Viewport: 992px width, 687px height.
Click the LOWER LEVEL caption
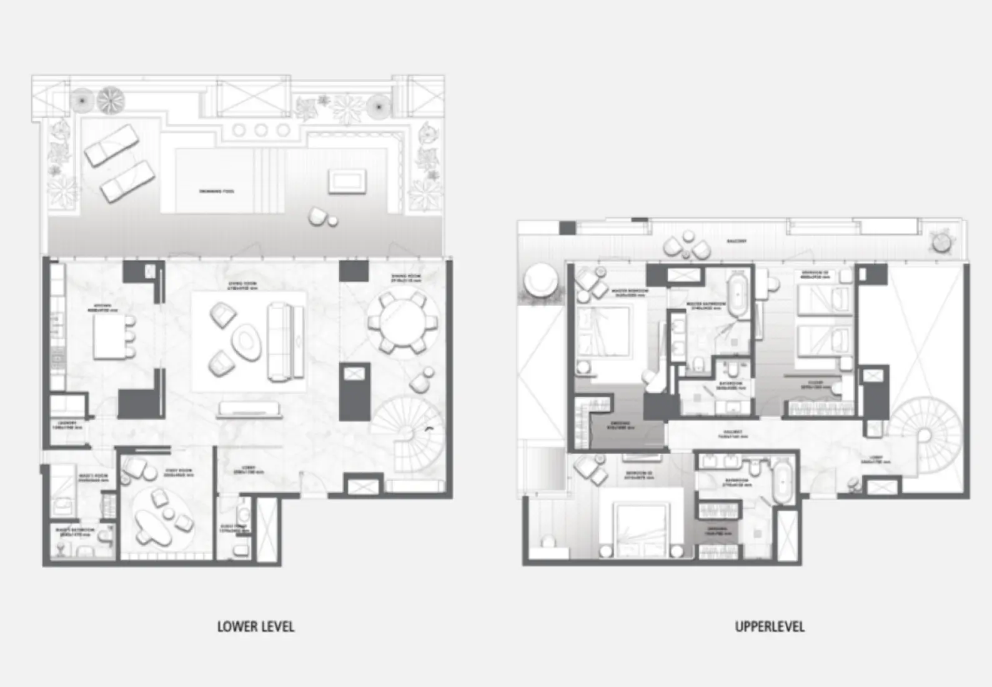(x=255, y=626)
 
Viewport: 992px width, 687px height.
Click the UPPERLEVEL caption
(x=770, y=626)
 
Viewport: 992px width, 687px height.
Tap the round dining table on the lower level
(x=399, y=324)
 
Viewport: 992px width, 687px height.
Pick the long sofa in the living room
(x=279, y=342)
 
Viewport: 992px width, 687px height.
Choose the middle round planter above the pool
(x=261, y=130)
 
